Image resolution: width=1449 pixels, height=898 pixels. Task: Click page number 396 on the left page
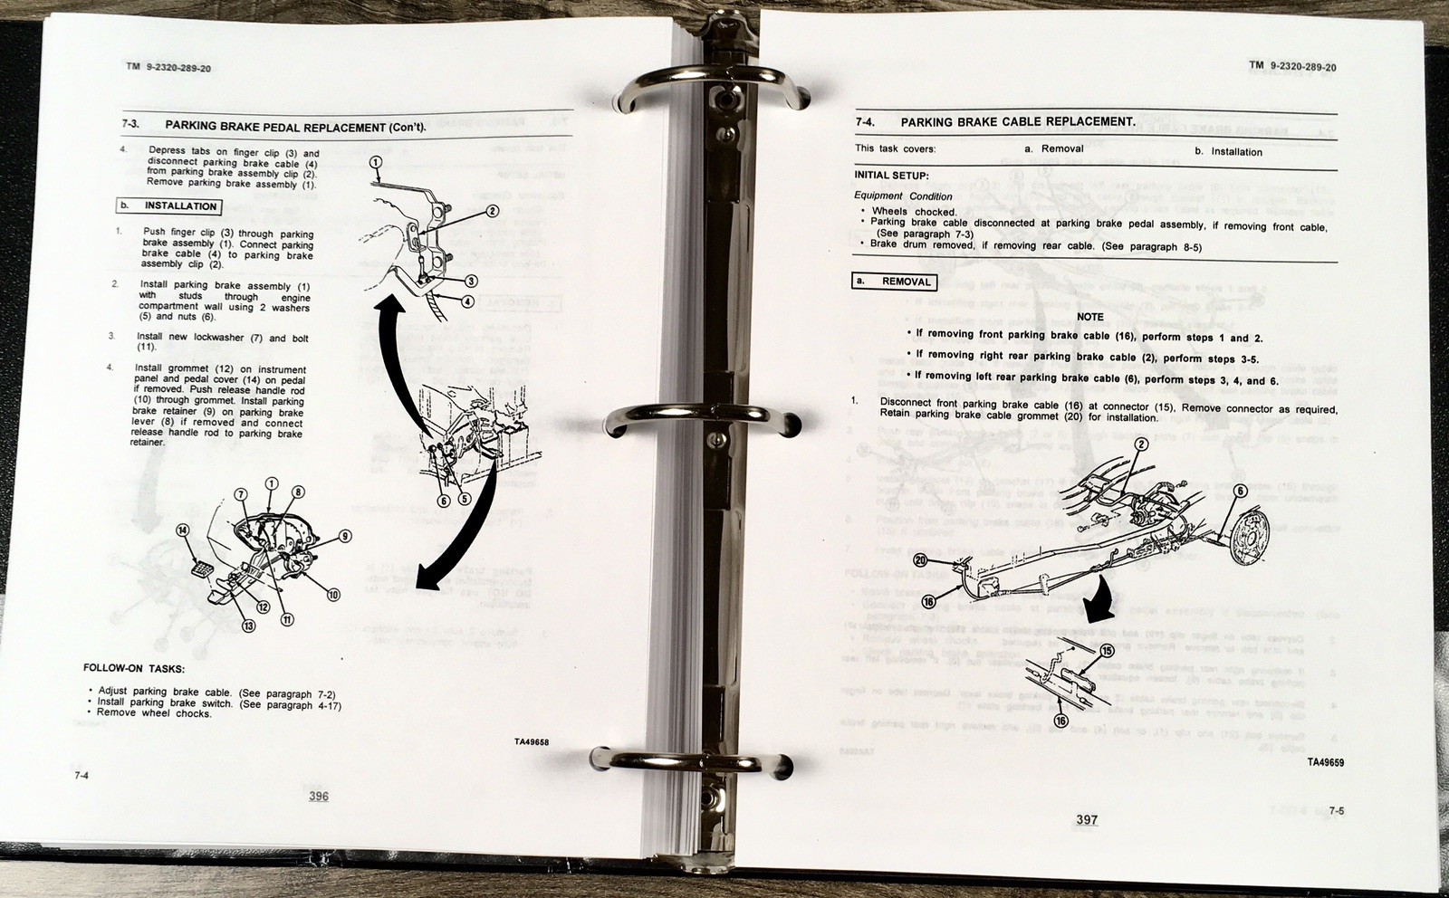318,797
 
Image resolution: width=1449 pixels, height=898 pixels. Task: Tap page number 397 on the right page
1087,820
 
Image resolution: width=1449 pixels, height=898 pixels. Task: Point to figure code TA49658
531,742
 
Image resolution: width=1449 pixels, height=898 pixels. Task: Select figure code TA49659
1325,762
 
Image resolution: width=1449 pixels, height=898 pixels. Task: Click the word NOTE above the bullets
1090,317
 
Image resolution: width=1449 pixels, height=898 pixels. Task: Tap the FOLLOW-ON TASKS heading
134,669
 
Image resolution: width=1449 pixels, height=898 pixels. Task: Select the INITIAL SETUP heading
891,176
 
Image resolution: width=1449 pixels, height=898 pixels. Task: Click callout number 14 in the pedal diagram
183,530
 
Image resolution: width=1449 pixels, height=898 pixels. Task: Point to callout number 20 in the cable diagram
921,559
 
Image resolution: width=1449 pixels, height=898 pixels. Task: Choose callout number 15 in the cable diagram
1107,651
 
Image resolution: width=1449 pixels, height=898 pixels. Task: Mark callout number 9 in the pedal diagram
345,536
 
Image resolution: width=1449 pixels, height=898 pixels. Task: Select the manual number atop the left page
169,68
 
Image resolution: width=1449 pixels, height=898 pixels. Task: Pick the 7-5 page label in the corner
1337,811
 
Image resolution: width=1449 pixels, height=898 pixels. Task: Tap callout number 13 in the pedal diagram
248,626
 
